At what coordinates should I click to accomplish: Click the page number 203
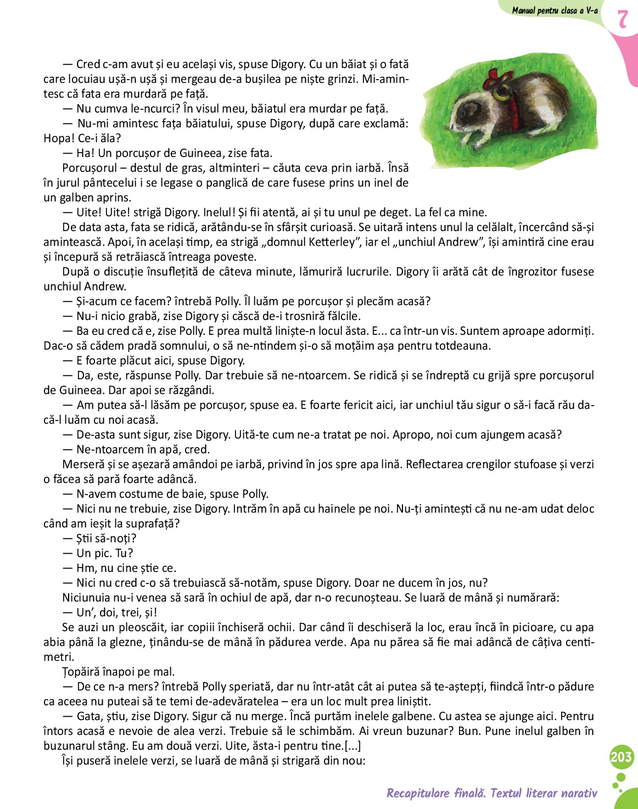pyautogui.click(x=621, y=757)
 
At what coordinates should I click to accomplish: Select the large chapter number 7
pyautogui.click(x=622, y=19)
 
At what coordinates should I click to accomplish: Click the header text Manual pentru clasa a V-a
pyautogui.click(x=555, y=10)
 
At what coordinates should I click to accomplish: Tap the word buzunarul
pyautogui.click(x=70, y=746)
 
